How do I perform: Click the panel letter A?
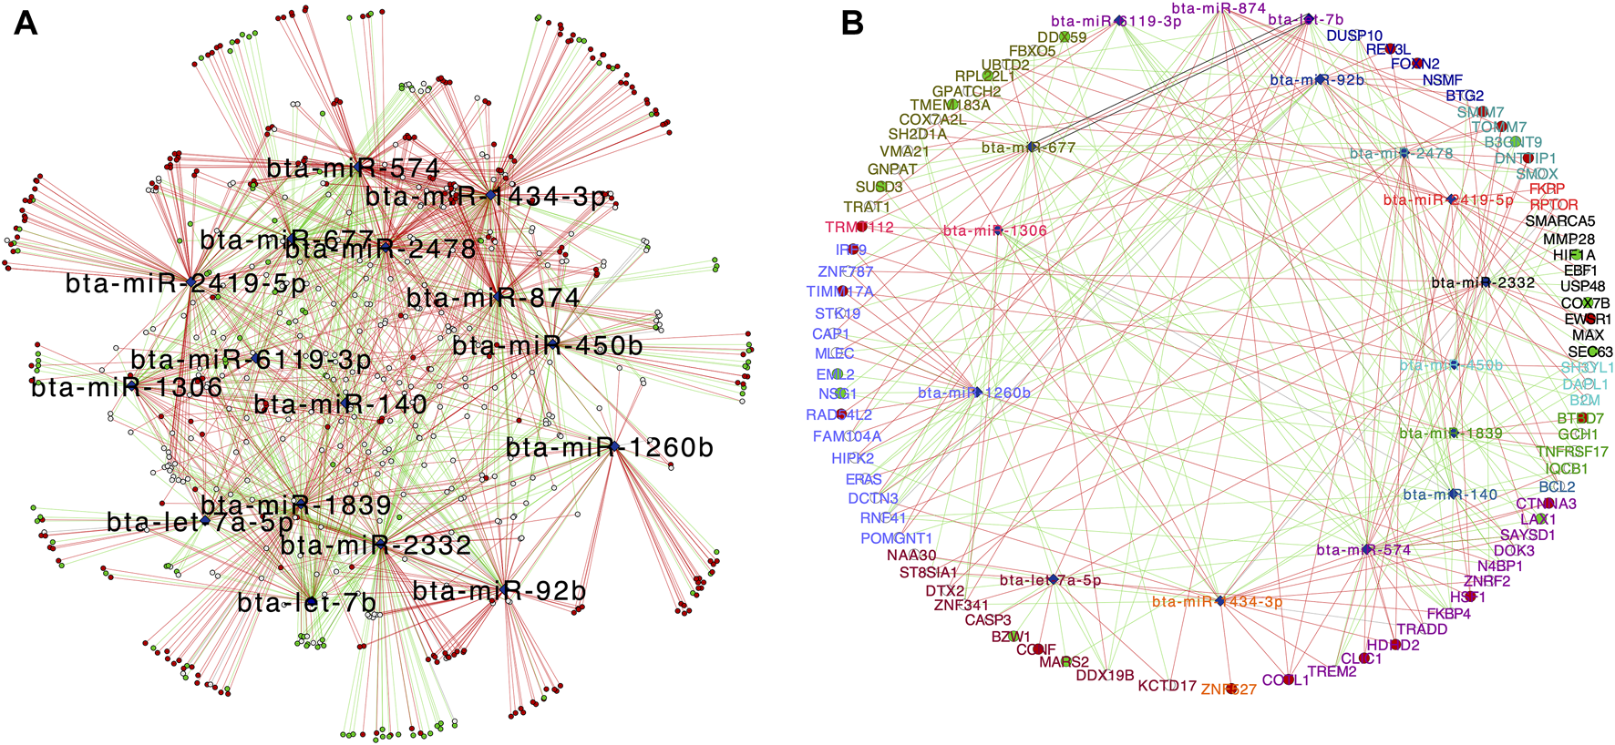click(26, 22)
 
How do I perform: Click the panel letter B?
click(852, 22)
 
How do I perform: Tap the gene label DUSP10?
click(1354, 36)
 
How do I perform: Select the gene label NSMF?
click(1442, 80)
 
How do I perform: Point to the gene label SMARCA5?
click(1560, 221)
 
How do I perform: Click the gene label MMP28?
click(1569, 240)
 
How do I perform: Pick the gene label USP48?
click(1582, 287)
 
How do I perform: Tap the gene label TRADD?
click(1422, 629)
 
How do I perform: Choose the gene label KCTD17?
click(1167, 686)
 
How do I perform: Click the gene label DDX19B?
click(1105, 676)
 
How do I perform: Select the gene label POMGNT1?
click(896, 538)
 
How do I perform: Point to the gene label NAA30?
click(911, 556)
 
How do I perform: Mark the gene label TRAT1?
click(866, 208)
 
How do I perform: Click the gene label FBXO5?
click(1032, 51)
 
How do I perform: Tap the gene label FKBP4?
click(1448, 614)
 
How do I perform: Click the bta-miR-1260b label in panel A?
click(610, 447)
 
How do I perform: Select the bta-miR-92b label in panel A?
click(499, 591)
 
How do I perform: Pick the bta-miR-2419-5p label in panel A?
click(186, 283)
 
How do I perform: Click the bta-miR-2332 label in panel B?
click(1483, 282)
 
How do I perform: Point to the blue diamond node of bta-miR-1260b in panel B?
click(977, 393)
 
